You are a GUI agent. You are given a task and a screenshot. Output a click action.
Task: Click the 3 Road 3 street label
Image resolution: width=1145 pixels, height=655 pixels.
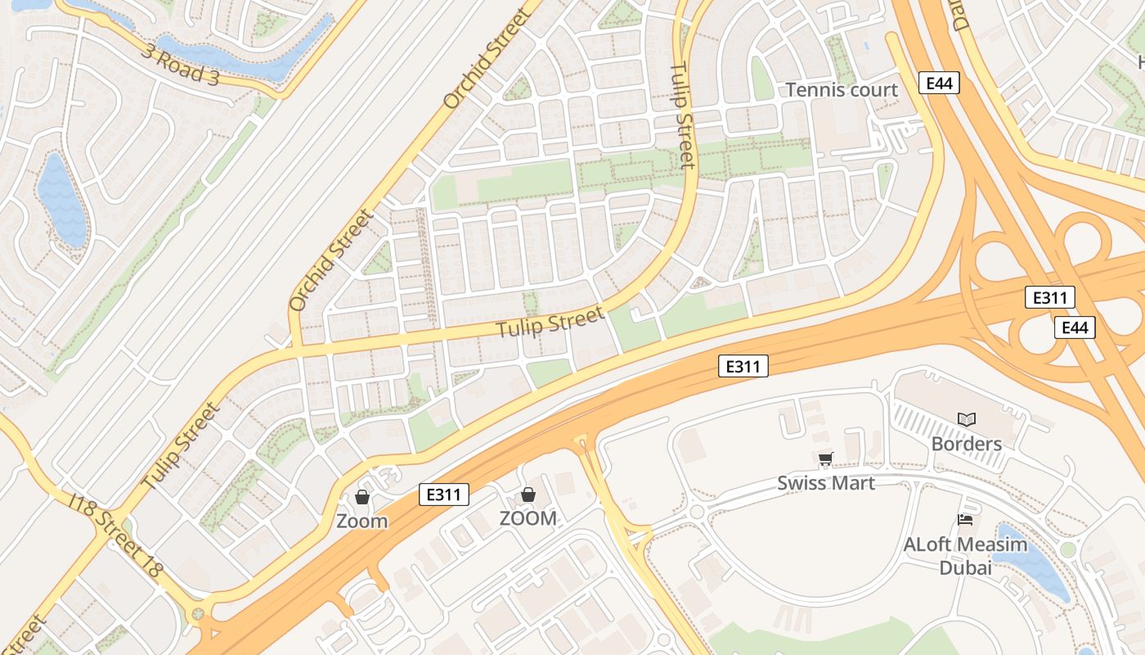[182, 65]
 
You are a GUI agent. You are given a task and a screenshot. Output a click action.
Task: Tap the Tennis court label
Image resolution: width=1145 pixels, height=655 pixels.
[842, 90]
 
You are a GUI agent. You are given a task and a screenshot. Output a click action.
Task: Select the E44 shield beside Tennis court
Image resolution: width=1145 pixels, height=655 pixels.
[938, 83]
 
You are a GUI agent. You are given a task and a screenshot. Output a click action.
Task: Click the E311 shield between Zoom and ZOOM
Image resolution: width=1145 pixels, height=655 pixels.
[444, 495]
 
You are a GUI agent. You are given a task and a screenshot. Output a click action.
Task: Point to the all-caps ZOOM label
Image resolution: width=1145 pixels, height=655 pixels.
[528, 518]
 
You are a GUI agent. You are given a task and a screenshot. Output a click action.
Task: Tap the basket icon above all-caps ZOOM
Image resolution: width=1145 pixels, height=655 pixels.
[528, 495]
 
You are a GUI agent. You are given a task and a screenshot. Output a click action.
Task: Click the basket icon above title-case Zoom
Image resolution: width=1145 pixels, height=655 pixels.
[362, 497]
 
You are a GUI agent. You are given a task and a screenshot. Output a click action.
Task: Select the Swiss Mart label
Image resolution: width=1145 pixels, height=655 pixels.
[826, 483]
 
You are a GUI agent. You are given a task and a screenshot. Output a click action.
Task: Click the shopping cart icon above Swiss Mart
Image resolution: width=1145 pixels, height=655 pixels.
[825, 458]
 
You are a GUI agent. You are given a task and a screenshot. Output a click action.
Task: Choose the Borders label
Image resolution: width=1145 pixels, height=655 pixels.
[967, 444]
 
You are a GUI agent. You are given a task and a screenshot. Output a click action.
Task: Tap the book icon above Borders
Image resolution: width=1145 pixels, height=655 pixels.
[967, 419]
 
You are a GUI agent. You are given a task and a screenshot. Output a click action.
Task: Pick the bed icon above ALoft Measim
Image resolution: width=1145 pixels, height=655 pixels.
[965, 519]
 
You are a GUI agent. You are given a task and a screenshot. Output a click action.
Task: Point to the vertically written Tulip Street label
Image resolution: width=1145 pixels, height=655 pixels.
[682, 116]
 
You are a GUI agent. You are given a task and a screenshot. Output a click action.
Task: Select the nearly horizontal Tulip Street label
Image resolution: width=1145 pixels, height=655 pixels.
[551, 321]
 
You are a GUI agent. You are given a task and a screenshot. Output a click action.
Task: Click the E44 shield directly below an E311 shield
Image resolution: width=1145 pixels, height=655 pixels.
[1074, 327]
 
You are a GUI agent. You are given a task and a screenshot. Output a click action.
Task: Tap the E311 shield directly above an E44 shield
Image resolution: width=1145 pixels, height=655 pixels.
[1050, 298]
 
